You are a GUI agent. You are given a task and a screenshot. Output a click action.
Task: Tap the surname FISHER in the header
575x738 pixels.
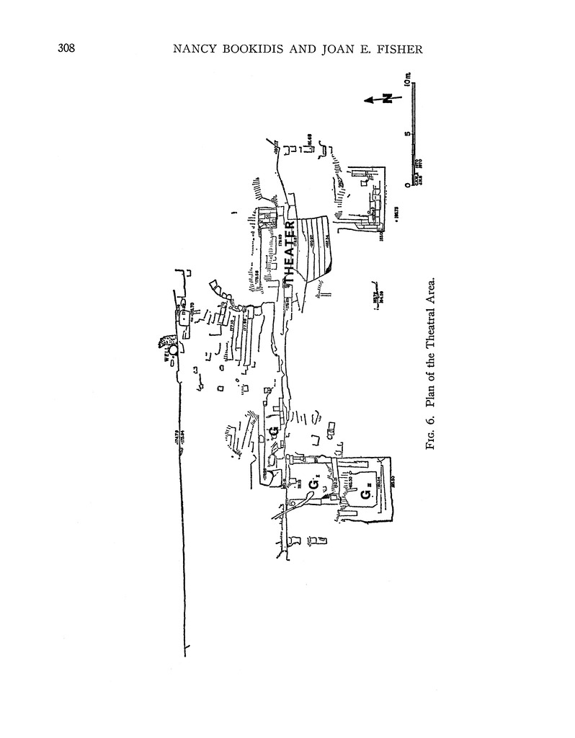(461, 50)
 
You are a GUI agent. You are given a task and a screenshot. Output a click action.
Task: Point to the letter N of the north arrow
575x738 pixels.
(387, 99)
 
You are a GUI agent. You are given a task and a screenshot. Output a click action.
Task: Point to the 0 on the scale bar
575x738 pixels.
(408, 184)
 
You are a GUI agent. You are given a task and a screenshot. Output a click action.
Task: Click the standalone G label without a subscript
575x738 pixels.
(273, 431)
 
